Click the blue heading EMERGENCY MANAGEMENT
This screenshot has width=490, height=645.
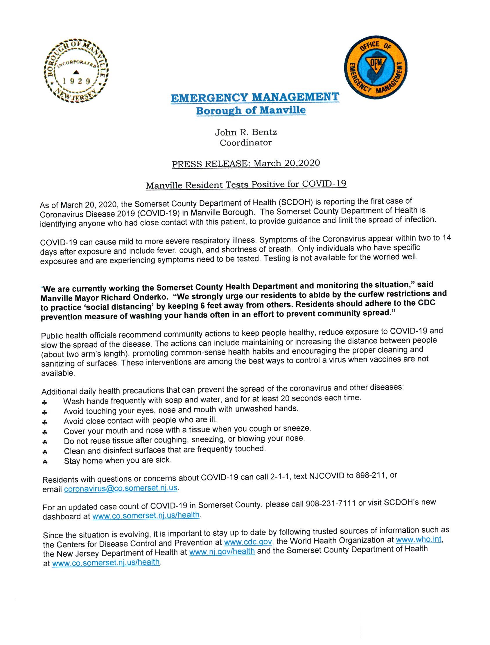pyautogui.click(x=255, y=97)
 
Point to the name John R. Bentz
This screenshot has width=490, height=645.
pyautogui.click(x=246, y=133)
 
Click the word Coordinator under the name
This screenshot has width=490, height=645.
pyautogui.click(x=246, y=143)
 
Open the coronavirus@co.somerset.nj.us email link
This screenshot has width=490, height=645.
pyautogui.click(x=121, y=489)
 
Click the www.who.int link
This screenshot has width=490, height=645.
pyautogui.click(x=419, y=539)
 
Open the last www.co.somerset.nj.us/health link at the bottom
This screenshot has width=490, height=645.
pyautogui.click(x=106, y=562)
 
